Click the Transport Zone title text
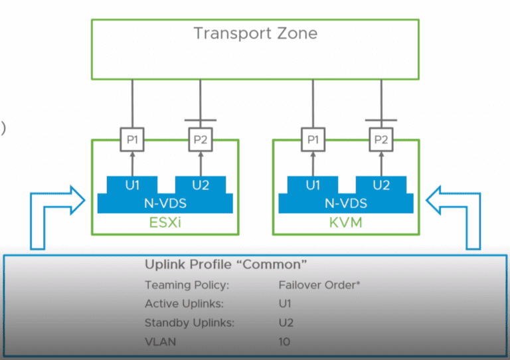(x=255, y=33)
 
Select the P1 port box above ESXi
(x=131, y=140)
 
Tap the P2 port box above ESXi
(x=200, y=140)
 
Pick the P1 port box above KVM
(x=312, y=140)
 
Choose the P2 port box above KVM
(x=381, y=140)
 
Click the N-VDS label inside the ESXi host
(x=165, y=203)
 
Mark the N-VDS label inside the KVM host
(x=346, y=203)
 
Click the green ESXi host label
(x=165, y=223)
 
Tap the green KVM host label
(x=346, y=223)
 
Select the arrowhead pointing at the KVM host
(x=434, y=197)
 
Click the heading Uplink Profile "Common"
(x=226, y=265)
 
